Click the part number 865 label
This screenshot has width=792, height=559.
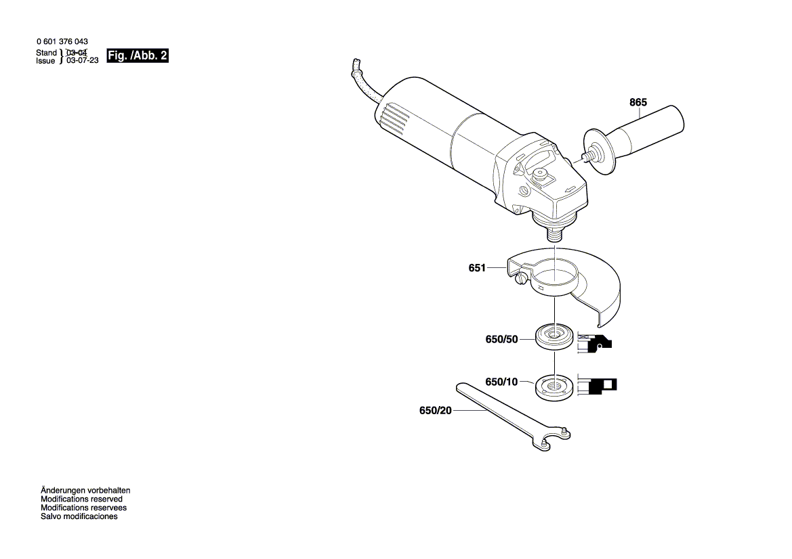click(x=638, y=102)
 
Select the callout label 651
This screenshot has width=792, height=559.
click(x=477, y=268)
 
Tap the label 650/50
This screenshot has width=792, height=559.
click(x=501, y=339)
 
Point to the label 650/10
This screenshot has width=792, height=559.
click(x=501, y=382)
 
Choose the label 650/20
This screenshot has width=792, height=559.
click(x=435, y=411)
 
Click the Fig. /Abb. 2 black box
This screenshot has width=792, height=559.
click(x=138, y=56)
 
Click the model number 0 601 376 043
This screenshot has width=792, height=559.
click(x=62, y=42)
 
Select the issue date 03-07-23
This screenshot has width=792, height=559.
click(x=82, y=60)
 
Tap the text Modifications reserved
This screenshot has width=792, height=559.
click(x=81, y=499)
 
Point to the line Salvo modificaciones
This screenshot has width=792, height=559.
click(x=79, y=516)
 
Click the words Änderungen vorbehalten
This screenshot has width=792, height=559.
click(x=85, y=490)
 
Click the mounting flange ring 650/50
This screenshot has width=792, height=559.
click(x=554, y=336)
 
